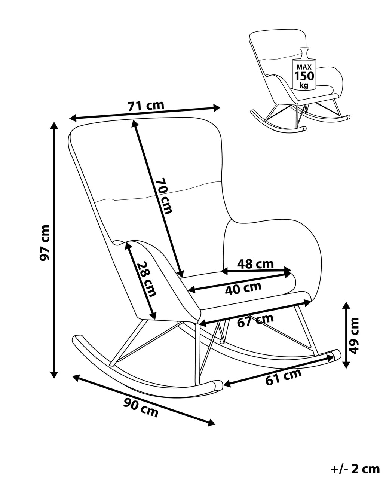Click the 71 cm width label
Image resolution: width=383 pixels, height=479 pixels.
[x=146, y=106]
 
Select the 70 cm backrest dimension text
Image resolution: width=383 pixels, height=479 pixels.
[x=164, y=196]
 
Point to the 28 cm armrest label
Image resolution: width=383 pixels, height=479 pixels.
[x=145, y=279]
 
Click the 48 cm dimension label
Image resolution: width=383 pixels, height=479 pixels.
[x=256, y=264]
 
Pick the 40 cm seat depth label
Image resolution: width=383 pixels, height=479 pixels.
[x=243, y=288]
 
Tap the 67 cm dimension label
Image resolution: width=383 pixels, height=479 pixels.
[x=255, y=320]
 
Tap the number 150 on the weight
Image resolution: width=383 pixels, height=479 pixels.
[x=304, y=76]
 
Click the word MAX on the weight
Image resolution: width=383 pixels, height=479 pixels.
[x=304, y=67]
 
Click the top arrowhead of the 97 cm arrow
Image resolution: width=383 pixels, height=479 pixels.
[x=55, y=125]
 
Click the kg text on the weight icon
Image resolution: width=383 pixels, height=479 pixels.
[x=304, y=86]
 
